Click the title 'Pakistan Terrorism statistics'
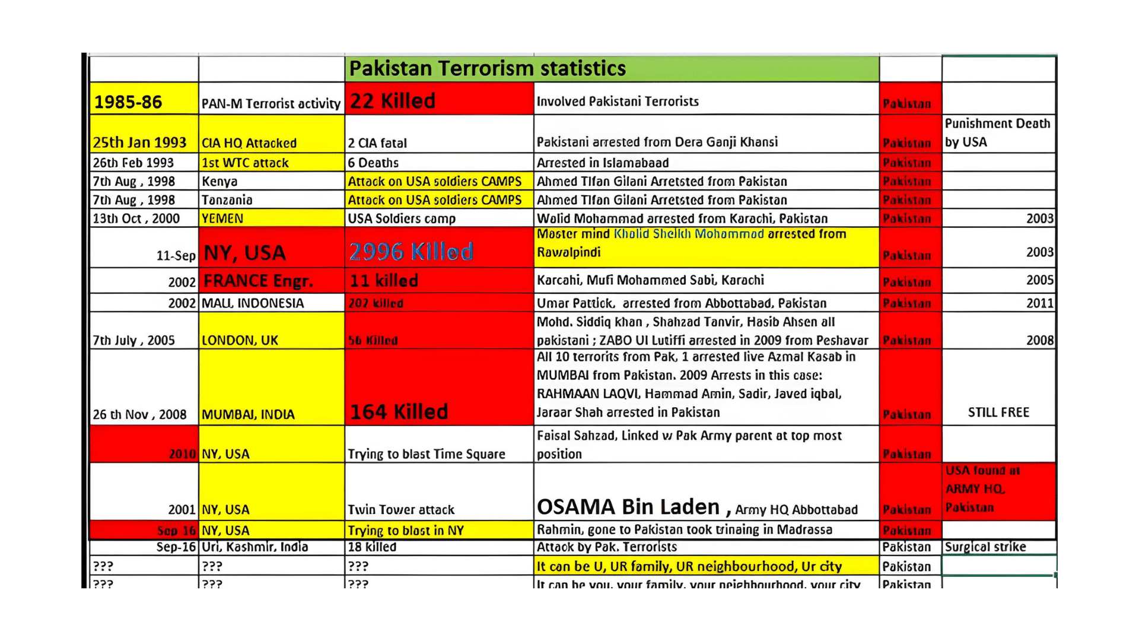coord(487,69)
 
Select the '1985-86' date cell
coord(128,102)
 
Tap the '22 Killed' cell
coord(393,101)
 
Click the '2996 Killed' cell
coord(411,252)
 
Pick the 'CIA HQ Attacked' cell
coord(249,143)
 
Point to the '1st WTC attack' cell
coord(245,163)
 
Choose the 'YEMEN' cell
coord(222,218)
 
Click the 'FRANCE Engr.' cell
coord(258,281)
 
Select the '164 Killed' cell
coord(399,411)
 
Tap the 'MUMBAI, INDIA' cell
coord(248,414)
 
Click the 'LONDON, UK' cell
coord(240,340)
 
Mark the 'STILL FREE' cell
coord(998,412)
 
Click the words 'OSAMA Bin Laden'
coord(628,507)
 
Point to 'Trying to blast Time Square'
coord(427,454)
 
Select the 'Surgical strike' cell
coord(985,547)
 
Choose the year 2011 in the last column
coord(1040,303)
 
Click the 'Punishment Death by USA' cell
coord(997,133)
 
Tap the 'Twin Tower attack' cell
coord(401,509)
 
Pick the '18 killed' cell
coord(372,547)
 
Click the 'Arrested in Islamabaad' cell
coord(603,163)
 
